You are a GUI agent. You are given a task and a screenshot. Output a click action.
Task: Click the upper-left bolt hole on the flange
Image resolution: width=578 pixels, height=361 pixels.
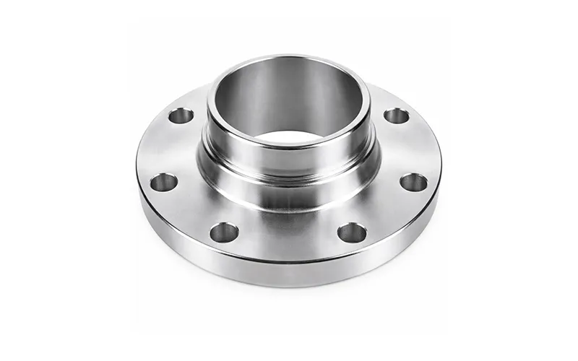click(181, 116)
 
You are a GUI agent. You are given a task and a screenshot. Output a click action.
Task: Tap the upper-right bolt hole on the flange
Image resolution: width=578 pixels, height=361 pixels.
click(396, 116)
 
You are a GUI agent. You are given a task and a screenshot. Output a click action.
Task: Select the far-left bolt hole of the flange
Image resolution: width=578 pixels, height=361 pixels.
click(164, 182)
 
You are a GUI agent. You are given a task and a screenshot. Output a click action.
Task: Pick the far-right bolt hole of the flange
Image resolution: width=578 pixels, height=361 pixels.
click(413, 182)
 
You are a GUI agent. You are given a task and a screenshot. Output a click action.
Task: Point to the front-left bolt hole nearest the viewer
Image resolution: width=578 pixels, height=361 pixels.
click(224, 232)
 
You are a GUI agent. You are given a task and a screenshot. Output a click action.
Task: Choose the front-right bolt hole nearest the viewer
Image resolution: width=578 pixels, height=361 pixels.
click(352, 232)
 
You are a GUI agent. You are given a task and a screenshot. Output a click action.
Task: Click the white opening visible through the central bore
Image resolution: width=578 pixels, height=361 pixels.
click(288, 135)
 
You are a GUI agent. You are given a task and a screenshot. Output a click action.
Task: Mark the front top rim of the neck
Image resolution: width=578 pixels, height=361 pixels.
click(288, 147)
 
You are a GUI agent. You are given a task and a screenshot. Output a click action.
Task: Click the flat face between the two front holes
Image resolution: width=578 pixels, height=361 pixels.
click(288, 235)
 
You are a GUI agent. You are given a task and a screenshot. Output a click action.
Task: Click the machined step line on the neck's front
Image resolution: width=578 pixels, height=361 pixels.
click(288, 165)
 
